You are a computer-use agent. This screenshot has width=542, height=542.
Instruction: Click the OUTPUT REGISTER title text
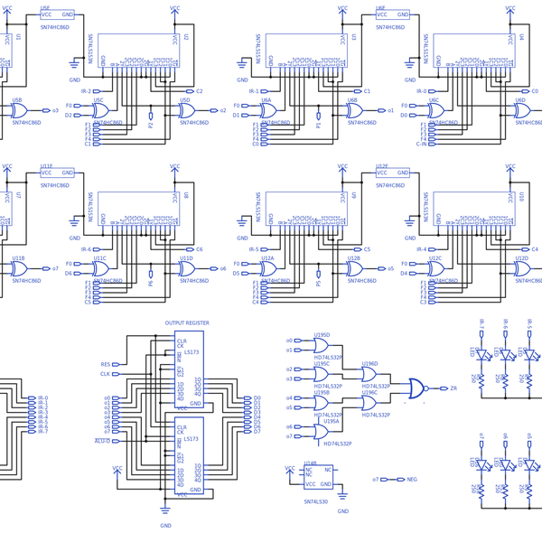coord(187,322)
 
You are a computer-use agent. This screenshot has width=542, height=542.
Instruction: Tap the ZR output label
coord(453,388)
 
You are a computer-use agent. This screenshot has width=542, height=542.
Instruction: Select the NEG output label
coord(412,480)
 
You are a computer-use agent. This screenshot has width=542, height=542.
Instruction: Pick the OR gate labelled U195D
coord(321,345)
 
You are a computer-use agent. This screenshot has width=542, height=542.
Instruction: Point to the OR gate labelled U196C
coord(369,404)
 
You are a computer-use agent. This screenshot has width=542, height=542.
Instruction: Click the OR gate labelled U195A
coord(321,432)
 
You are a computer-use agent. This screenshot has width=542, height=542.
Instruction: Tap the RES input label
coord(106,365)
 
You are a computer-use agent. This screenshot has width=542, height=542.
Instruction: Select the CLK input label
coord(106,374)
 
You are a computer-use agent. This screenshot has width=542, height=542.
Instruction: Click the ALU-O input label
coord(102,441)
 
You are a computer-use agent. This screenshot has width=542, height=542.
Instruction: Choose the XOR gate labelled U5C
coord(102,111)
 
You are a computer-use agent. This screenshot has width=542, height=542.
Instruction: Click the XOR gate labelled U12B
coord(356,269)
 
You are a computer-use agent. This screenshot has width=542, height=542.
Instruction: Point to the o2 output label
coord(223,111)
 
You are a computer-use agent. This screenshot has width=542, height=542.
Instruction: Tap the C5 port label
coord(366,249)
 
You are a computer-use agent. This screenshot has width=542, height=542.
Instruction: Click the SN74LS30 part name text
coord(316,501)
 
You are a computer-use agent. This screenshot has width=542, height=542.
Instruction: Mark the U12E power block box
coord(394,173)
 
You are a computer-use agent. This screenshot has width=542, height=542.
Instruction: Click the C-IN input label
coord(421,144)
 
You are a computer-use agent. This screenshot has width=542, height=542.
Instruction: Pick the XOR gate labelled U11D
coord(188,269)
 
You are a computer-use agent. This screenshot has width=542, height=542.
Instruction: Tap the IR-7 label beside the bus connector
coord(42,432)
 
